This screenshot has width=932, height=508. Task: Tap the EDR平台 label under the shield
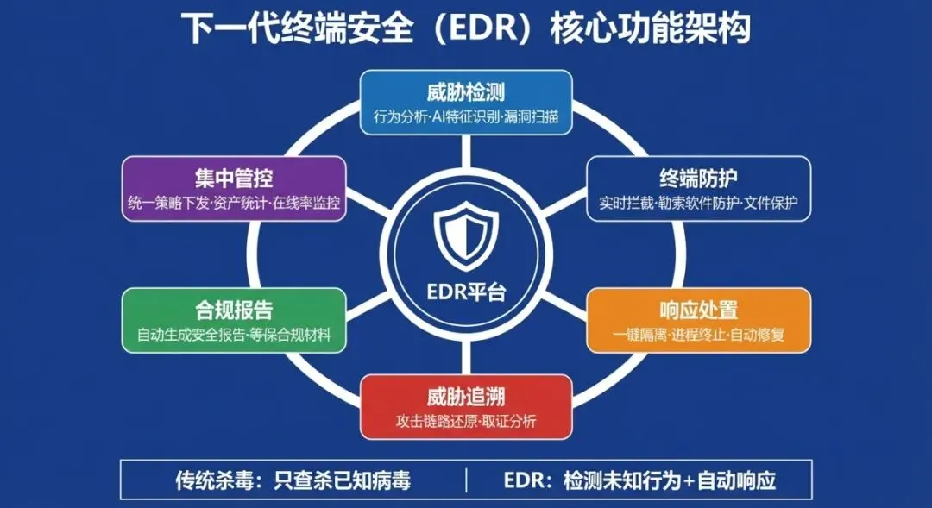pos(466,292)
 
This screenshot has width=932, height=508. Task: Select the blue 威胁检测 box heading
pos(465,92)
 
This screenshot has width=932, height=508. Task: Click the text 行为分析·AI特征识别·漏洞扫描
pos(465,116)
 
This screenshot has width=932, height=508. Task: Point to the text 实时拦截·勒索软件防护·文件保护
pos(698,204)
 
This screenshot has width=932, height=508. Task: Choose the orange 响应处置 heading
pos(698,310)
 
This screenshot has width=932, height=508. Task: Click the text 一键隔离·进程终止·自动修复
pos(698,335)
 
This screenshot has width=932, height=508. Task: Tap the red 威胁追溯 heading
pos(465,397)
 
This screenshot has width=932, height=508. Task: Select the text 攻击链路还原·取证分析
pos(465,421)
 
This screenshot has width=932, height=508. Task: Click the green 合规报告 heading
pos(234,310)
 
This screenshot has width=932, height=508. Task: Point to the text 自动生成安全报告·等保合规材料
pos(234,335)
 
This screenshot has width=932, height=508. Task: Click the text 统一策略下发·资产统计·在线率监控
pos(234,204)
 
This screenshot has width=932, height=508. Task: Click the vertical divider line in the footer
pos(466,480)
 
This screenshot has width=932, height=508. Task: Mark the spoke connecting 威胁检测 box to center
pos(466,151)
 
